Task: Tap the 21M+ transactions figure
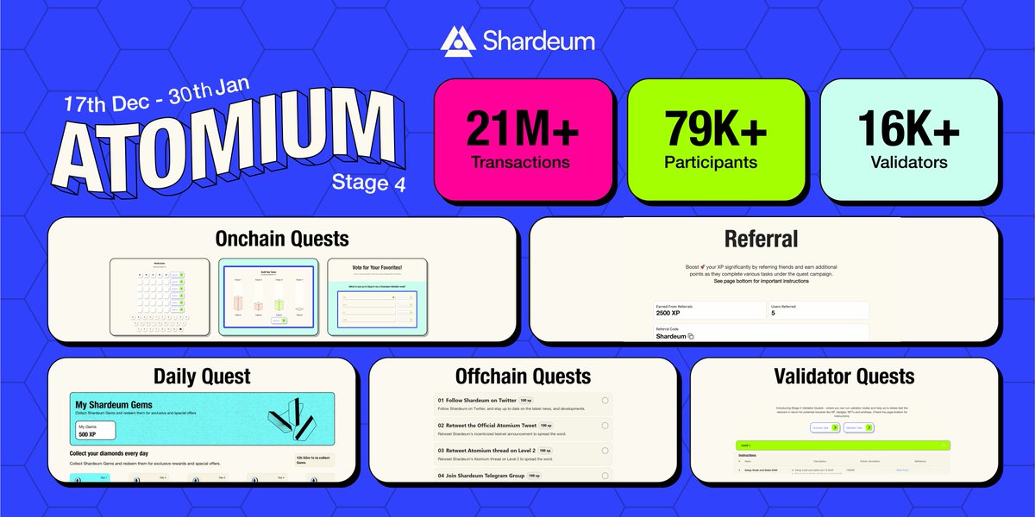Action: pos(523,129)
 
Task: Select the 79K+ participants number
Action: pos(715,129)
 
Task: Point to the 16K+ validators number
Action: pos(908,129)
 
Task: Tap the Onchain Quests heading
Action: pos(282,238)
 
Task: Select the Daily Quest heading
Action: pos(202,377)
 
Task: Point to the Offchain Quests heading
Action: pos(523,377)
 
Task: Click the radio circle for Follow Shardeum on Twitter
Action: pos(605,401)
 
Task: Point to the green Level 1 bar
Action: pos(844,445)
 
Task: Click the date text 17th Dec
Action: pos(98,106)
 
